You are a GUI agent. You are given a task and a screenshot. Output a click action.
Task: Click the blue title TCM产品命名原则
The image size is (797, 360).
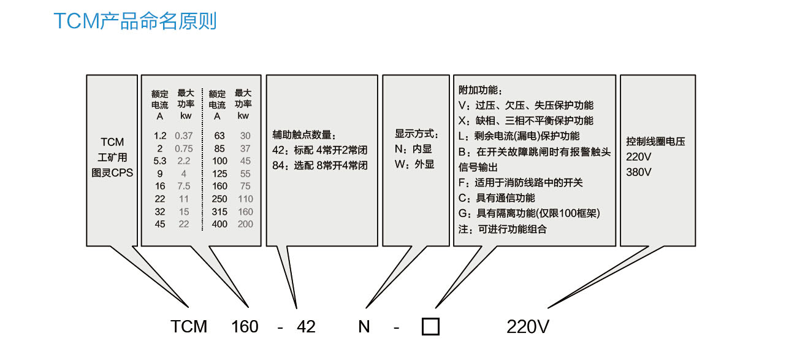point(135,21)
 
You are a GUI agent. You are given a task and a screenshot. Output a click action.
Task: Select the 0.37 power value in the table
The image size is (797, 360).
point(183,136)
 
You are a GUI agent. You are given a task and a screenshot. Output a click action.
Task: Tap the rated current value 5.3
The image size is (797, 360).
point(160,161)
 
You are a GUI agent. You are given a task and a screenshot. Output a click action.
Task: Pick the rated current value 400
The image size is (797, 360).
point(219,224)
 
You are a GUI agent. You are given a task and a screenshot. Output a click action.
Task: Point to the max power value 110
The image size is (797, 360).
point(245,199)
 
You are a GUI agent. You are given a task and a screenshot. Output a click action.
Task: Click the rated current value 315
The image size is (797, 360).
point(219,212)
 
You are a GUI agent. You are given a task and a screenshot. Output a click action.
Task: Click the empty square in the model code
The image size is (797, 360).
point(430,326)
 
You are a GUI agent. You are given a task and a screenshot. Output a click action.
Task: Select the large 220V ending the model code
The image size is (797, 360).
point(528,326)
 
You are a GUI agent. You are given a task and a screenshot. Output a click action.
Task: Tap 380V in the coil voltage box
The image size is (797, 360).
point(639,172)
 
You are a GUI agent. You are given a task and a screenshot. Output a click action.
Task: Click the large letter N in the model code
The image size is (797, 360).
point(364,326)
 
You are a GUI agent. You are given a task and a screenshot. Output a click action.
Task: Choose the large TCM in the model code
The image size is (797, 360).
point(189,326)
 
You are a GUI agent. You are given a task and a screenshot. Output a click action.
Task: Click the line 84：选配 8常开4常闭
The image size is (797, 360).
point(320,165)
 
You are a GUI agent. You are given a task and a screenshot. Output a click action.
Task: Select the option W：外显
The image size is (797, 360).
point(414,164)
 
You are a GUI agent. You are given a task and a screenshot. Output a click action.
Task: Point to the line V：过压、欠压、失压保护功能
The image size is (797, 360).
point(526,105)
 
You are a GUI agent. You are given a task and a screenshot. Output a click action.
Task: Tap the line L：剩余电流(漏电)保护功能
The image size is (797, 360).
point(519,136)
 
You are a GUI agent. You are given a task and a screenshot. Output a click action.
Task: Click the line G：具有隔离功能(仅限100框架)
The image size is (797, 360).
point(529,213)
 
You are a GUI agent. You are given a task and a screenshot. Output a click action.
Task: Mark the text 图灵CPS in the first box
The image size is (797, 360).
point(112,173)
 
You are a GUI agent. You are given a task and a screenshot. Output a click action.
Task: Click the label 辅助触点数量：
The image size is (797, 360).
point(304,134)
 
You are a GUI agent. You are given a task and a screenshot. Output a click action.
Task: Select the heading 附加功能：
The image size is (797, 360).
point(480,90)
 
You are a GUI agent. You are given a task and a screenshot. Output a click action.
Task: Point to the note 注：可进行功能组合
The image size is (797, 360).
point(502,229)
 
